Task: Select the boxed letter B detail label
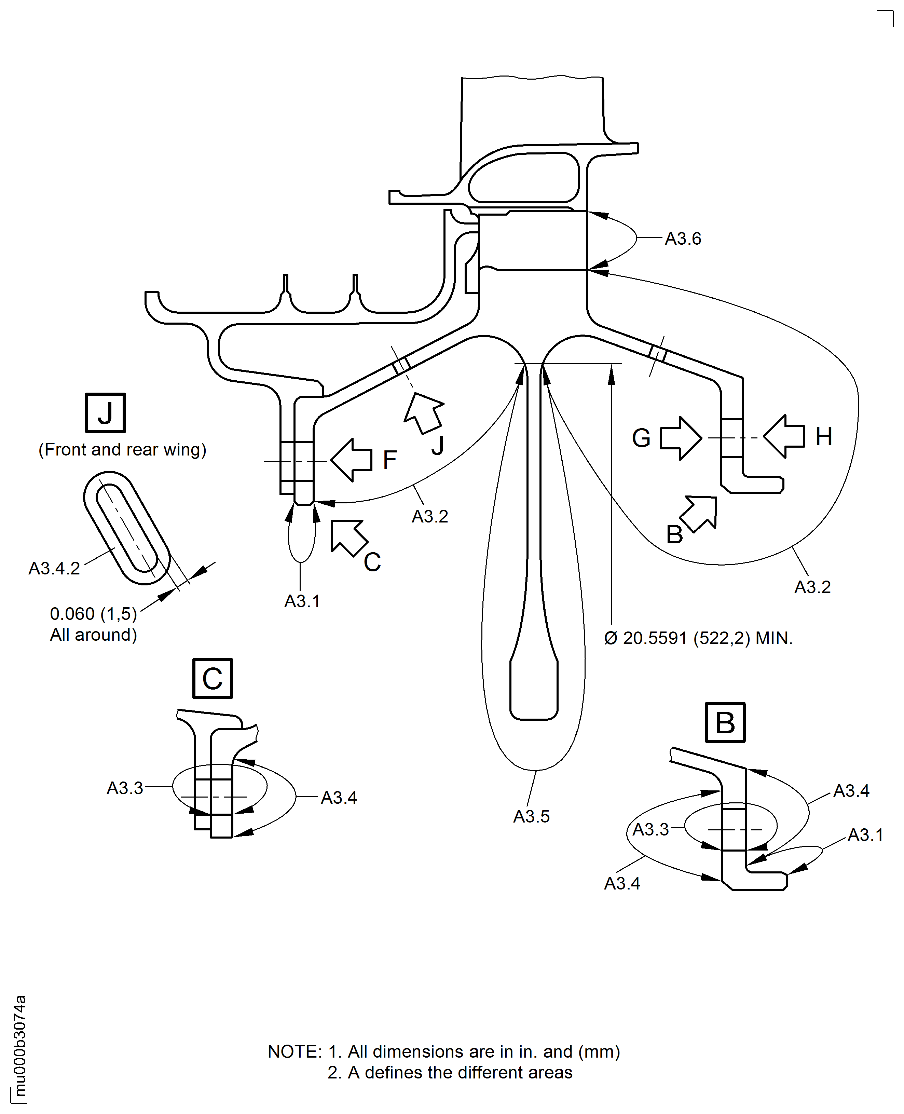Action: tap(725, 723)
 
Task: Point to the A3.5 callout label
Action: tap(531, 816)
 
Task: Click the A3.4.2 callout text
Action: tap(54, 568)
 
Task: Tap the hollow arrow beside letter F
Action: tap(352, 460)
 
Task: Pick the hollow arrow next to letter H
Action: tap(785, 436)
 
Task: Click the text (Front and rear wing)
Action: tap(122, 449)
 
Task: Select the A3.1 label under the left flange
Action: tap(302, 601)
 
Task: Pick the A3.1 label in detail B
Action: tap(865, 835)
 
